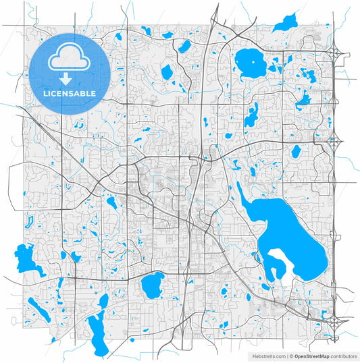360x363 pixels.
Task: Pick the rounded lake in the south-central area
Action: point(153,284)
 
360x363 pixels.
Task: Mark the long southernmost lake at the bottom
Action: point(97,335)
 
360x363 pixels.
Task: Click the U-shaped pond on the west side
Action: point(28,219)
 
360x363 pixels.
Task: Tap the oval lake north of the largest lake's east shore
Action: point(295,151)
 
